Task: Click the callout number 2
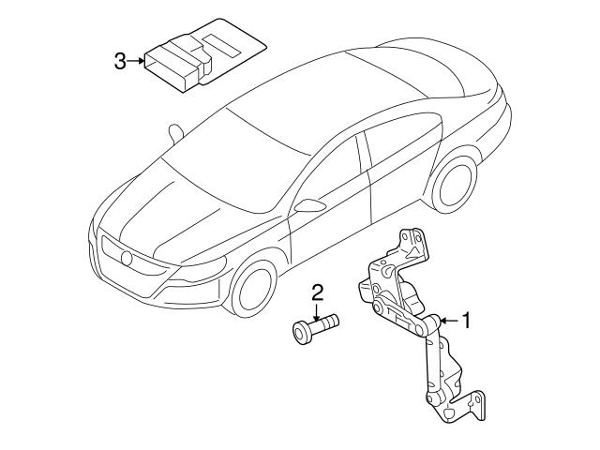(318, 292)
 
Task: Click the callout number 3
(119, 62)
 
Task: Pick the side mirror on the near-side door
(308, 203)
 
